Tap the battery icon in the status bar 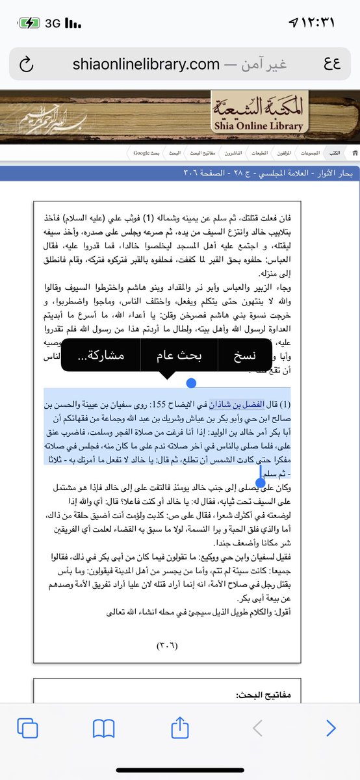29,23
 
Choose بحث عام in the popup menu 179,356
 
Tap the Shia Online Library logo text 255,114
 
